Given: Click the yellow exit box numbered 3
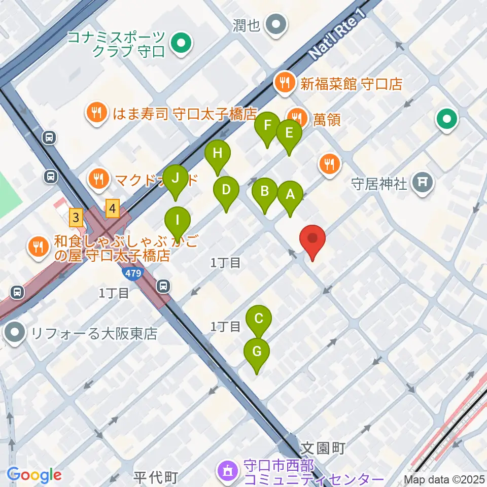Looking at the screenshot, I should click(76, 219).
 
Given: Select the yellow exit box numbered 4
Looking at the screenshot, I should click(113, 208).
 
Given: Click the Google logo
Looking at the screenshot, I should click(34, 475).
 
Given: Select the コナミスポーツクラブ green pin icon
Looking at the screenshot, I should click(181, 45).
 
